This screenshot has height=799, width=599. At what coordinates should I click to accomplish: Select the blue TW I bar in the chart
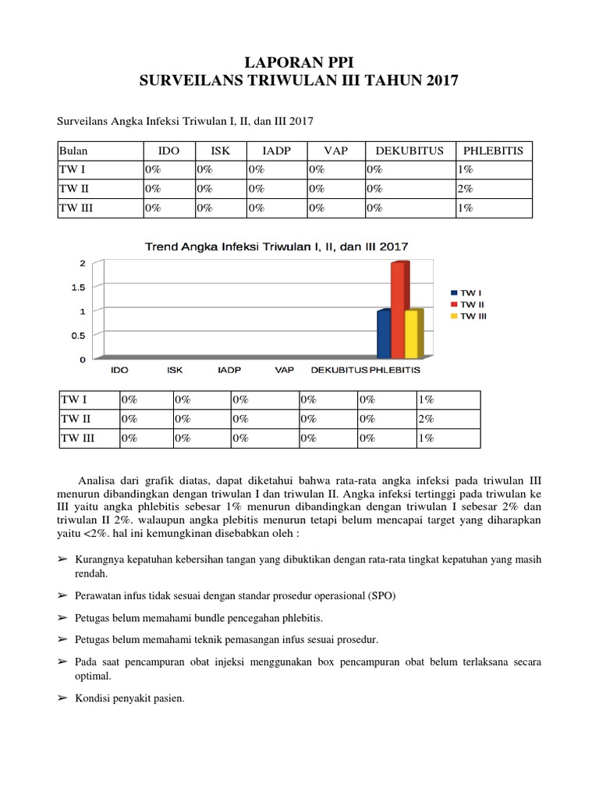pos(384,334)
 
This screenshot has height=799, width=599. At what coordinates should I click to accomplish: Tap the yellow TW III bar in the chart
pos(411,334)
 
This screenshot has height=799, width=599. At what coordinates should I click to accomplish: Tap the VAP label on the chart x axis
pos(284,370)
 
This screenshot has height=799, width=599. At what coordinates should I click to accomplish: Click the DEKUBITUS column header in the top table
pos(409,150)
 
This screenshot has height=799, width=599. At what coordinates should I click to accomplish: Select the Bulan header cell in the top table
pos(75,150)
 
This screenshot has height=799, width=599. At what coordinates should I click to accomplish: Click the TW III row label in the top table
pos(78,208)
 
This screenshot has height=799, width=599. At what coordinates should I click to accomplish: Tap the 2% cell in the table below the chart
pos(426,419)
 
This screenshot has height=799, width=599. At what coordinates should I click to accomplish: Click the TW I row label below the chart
pos(74,399)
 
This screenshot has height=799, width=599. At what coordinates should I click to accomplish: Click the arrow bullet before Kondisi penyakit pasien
pos(62,698)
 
